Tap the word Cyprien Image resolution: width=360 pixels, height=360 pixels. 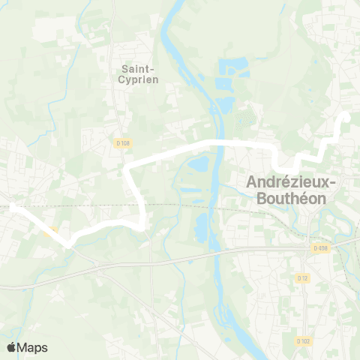coord(139,79)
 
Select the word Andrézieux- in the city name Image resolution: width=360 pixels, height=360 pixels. coord(292,183)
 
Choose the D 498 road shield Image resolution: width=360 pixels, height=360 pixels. coord(320,248)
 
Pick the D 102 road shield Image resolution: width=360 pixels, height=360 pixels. coord(303,341)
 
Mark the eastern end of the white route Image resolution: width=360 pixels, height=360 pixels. coord(346,117)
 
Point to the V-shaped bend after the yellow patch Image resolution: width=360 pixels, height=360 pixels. coord(69,243)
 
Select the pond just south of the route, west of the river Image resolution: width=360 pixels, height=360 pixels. coord(198,163)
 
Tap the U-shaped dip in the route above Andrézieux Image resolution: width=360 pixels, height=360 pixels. coord(279,166)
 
